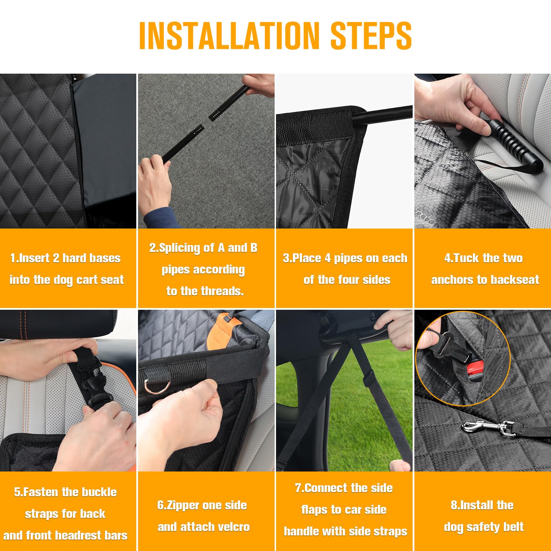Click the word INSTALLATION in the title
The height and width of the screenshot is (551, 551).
230,36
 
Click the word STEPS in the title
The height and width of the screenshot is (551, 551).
371,36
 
